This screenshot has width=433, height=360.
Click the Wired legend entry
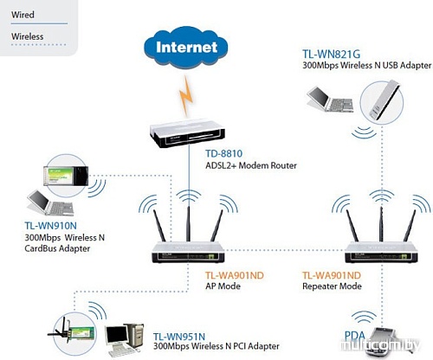click(x=23, y=15)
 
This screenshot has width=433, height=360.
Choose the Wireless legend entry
click(x=27, y=36)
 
